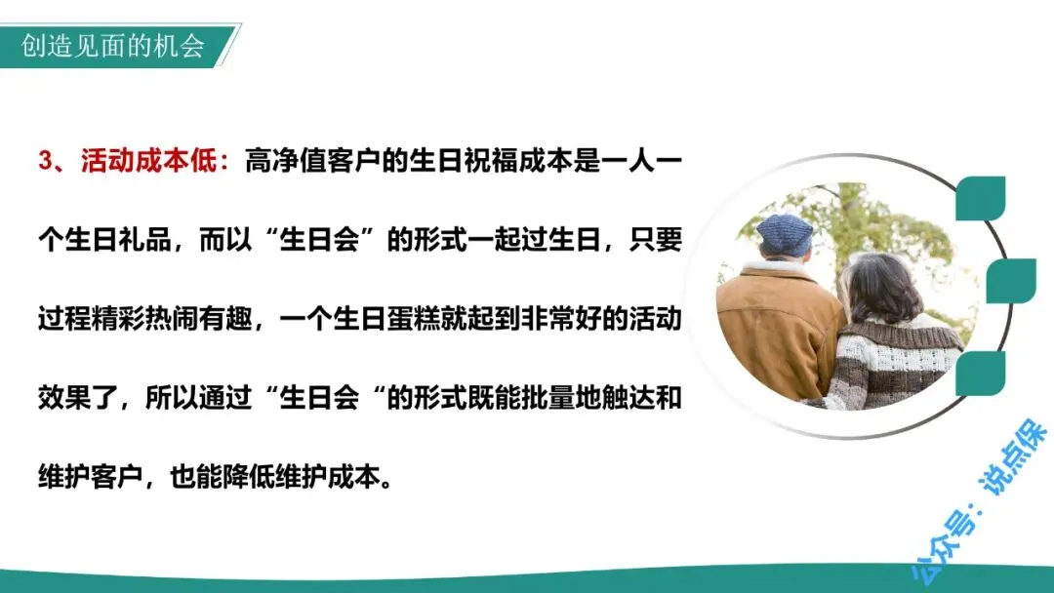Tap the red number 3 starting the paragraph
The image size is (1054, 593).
[45, 161]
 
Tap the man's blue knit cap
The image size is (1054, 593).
[785, 234]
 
